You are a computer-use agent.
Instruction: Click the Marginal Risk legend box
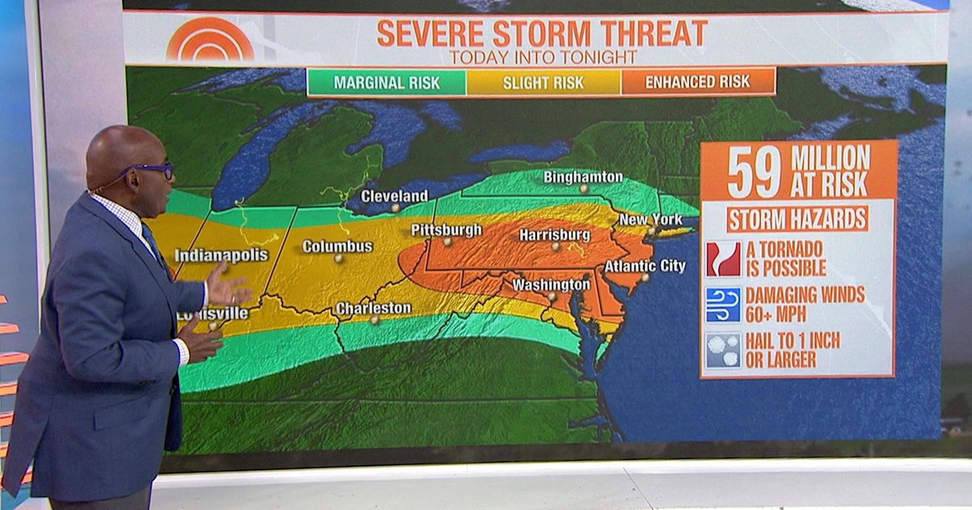pos(386,83)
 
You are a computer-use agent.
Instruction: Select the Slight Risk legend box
pos(543,83)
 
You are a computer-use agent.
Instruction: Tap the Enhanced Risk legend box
pos(697,82)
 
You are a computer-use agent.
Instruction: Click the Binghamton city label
pos(583,176)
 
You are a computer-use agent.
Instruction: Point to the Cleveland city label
pos(394,196)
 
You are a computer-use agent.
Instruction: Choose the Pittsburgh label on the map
pos(446,230)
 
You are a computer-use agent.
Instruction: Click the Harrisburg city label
pos(555,234)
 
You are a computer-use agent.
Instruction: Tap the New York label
pos(650,219)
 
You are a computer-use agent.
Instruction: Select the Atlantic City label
pos(645,266)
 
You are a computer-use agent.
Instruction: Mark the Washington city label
pos(551,285)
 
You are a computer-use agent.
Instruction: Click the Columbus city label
pos(338,246)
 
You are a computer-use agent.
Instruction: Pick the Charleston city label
pos(373,308)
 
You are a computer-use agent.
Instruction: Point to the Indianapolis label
pos(221,255)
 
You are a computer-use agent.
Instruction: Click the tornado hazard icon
pos(723,259)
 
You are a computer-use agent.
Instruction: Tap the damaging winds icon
pos(723,304)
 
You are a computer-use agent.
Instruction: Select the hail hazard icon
pos(723,350)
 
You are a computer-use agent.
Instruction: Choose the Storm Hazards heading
pos(797,219)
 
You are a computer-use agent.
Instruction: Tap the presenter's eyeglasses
pos(151,172)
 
